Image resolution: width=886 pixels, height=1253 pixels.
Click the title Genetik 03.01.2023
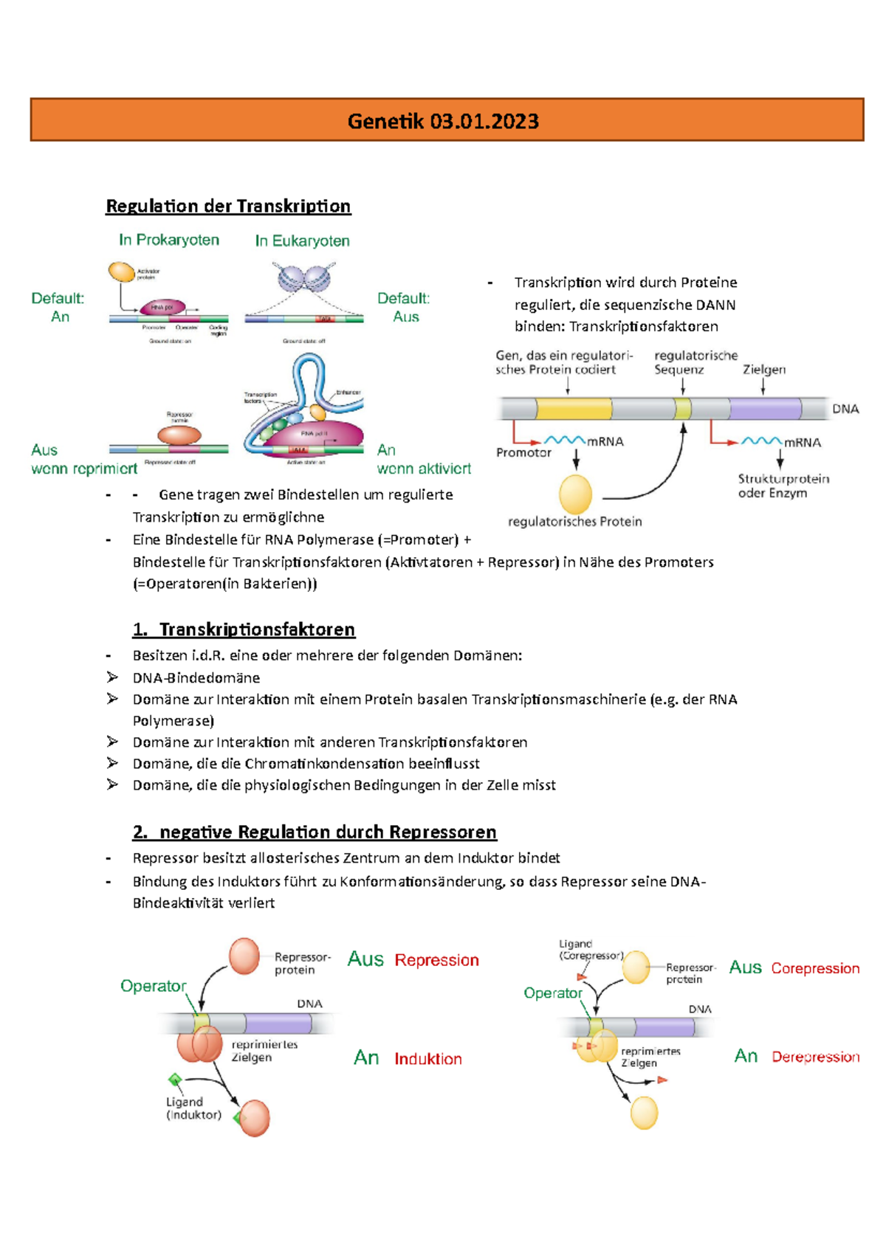click(443, 121)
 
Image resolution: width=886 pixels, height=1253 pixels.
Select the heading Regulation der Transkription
click(228, 206)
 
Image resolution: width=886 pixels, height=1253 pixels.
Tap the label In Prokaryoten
click(169, 240)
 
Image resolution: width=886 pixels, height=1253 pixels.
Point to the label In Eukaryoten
click(302, 241)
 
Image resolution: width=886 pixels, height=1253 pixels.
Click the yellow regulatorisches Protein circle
click(575, 494)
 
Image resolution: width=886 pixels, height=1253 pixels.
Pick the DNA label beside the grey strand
click(845, 409)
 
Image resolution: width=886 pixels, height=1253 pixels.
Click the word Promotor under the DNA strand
click(523, 452)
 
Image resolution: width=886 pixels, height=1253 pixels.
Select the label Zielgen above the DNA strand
click(764, 369)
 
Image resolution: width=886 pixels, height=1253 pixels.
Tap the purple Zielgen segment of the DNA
click(765, 408)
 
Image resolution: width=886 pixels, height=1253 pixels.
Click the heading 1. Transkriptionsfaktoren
click(244, 629)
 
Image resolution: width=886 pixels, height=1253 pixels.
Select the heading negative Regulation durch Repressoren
click(315, 832)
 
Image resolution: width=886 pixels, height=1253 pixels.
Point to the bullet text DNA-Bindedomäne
click(196, 677)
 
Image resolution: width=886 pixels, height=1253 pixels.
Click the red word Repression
click(436, 960)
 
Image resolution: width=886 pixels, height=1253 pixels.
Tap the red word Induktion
click(427, 1059)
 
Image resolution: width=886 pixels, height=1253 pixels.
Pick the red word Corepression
click(815, 968)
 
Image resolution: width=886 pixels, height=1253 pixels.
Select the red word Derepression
click(815, 1057)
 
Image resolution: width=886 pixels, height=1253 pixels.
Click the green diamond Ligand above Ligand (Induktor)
click(175, 1080)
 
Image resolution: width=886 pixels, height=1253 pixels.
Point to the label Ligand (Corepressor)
click(590, 950)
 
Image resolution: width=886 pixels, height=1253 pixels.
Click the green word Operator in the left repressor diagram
click(153, 986)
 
